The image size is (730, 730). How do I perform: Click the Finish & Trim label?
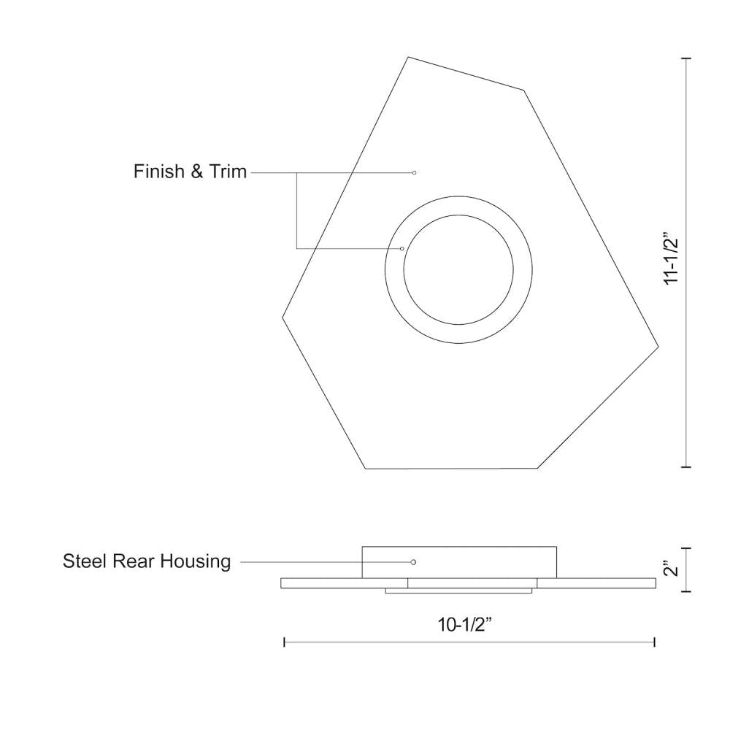[190, 172]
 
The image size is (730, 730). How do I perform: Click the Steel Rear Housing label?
[147, 561]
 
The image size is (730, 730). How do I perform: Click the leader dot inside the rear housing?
[413, 562]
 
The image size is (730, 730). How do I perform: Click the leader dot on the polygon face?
[414, 172]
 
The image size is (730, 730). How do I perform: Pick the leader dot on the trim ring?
[402, 249]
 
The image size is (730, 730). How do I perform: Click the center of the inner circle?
[458, 269]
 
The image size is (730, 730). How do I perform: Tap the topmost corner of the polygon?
[408, 57]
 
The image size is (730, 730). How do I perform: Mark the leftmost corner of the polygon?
[283, 317]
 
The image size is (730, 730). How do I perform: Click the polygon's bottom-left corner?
[365, 469]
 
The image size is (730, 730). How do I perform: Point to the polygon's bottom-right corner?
[538, 468]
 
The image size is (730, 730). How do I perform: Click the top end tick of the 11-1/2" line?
[686, 58]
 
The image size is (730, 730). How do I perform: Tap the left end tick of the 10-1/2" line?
[284, 642]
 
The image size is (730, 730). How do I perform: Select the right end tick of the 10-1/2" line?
[655, 642]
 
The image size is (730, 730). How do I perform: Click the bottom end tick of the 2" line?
[686, 591]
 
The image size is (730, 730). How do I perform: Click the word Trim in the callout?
[228, 172]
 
